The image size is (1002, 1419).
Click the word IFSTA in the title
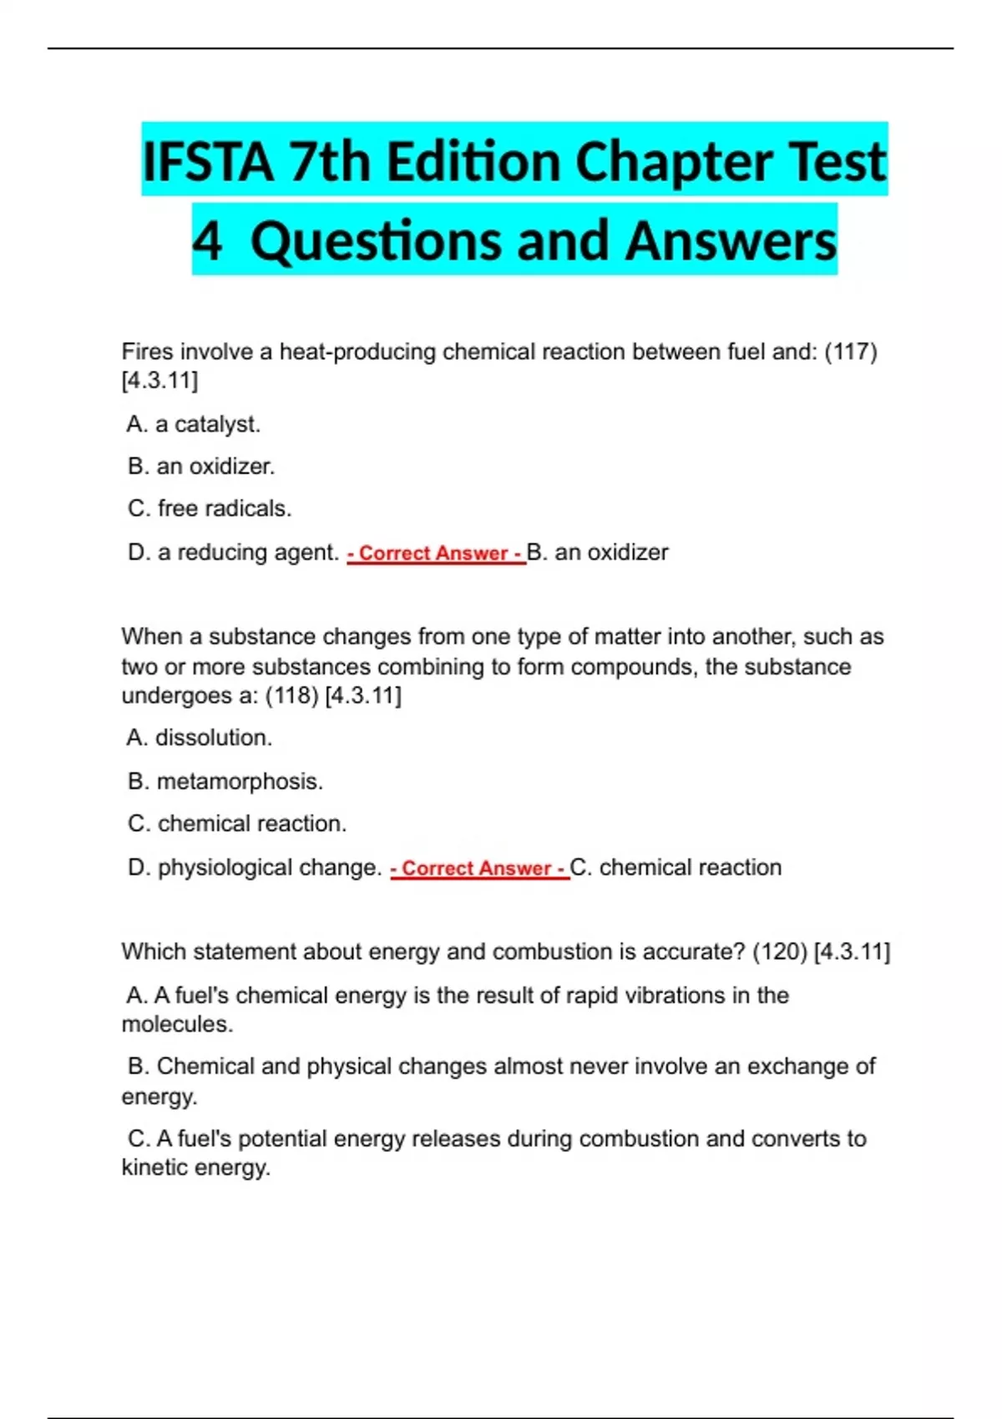tap(208, 161)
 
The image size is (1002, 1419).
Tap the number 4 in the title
tap(207, 240)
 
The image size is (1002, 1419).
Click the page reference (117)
tap(850, 352)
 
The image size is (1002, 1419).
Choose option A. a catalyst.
tap(194, 424)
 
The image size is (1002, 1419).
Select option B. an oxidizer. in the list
tap(201, 466)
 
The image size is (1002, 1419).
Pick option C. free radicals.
tap(210, 508)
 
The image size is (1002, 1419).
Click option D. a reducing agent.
tap(233, 553)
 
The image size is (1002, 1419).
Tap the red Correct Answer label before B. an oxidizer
tap(436, 553)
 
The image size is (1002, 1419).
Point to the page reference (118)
tap(291, 695)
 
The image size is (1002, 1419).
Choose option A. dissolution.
tap(200, 738)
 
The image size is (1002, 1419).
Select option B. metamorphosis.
tap(225, 781)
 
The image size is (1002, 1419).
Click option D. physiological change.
tap(255, 867)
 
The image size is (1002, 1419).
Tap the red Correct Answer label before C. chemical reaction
tap(479, 868)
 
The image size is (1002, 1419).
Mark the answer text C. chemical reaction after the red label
tap(676, 867)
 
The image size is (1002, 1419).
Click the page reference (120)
tap(779, 952)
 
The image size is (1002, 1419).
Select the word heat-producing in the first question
tap(357, 352)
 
